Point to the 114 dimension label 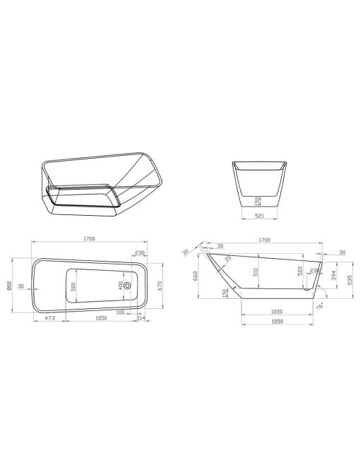[141, 319]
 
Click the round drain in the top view [127, 286]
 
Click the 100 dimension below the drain [131, 312]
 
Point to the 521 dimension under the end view [258, 216]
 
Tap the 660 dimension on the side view [194, 276]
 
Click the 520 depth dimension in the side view [300, 270]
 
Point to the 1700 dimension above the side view [264, 240]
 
